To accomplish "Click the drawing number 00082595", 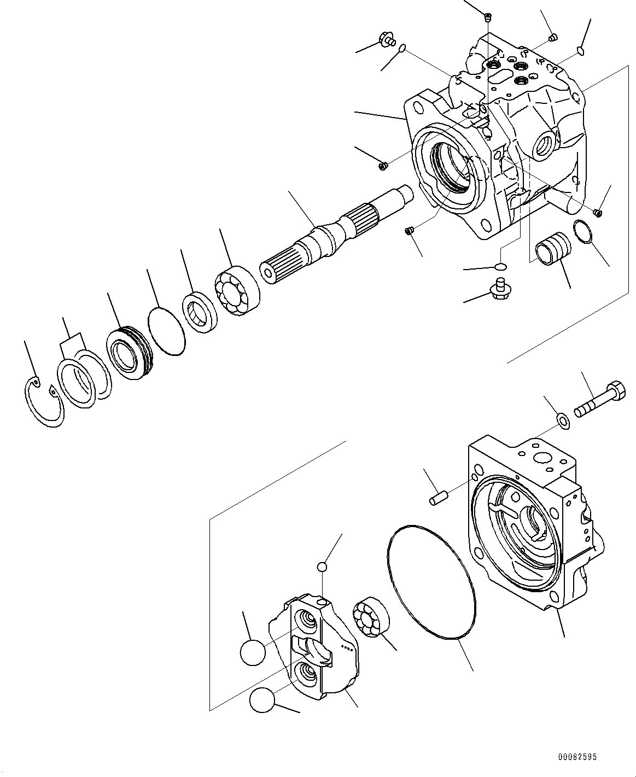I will click(x=577, y=757).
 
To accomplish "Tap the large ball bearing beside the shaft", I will click(x=237, y=290).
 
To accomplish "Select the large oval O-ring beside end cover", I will click(x=432, y=582).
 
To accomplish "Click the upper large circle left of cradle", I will click(x=253, y=652).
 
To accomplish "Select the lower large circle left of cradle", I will click(x=262, y=700).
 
